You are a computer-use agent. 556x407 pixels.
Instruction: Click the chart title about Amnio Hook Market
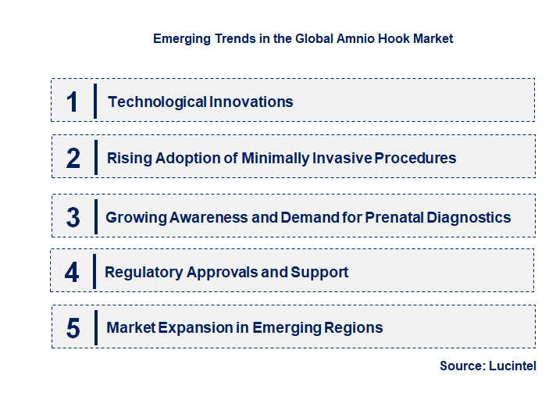click(303, 37)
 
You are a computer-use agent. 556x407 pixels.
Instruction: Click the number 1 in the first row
click(73, 102)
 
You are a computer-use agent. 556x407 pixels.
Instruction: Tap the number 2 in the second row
click(73, 158)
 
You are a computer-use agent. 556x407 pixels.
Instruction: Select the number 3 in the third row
click(73, 217)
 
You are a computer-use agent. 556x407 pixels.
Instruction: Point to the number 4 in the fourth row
click(73, 272)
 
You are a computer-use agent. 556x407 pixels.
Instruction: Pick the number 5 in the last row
click(73, 328)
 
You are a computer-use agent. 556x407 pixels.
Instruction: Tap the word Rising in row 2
click(129, 158)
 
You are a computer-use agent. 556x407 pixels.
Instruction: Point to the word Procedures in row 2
click(415, 158)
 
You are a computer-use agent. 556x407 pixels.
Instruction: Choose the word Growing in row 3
click(134, 217)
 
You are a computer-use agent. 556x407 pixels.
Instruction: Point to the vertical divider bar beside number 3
click(95, 216)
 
